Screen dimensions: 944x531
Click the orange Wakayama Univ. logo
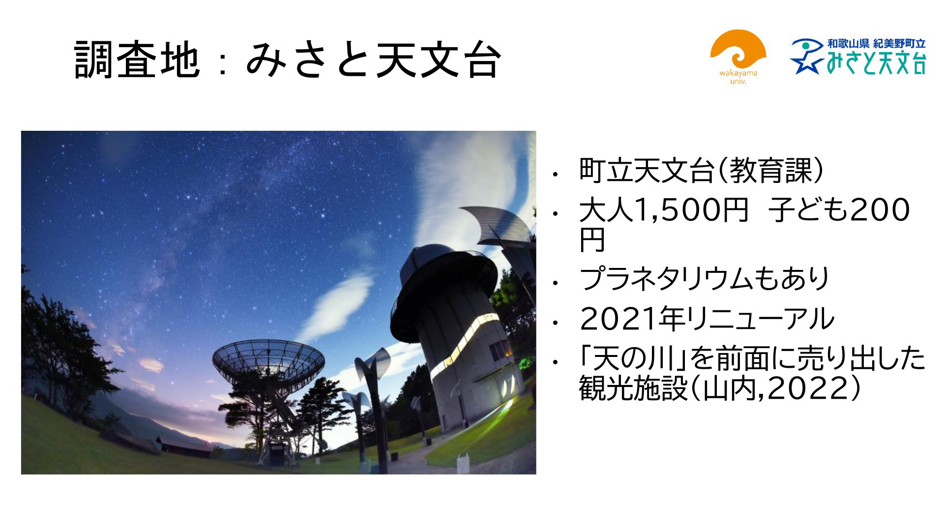coord(738,57)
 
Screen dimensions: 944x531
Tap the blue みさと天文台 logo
coord(858,57)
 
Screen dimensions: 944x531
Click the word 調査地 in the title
coord(137,60)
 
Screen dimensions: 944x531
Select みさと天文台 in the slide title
coord(373,60)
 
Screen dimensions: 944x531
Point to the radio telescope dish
coord(268,361)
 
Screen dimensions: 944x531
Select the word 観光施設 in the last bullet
coord(634,389)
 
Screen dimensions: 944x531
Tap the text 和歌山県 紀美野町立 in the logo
coord(876,44)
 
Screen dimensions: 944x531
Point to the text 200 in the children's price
coord(880,210)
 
